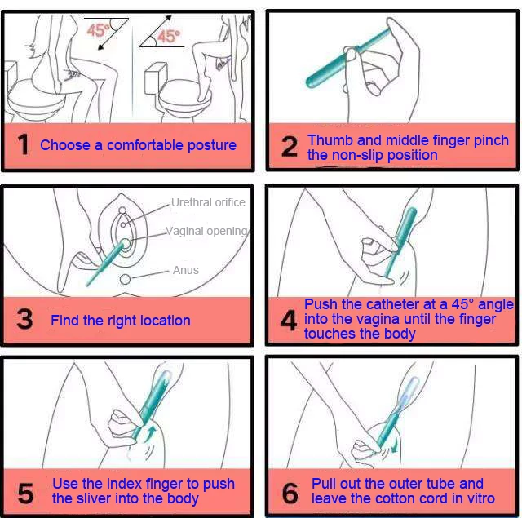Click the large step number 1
(x=24, y=144)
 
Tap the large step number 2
(x=290, y=146)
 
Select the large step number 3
(x=24, y=319)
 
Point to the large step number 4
(x=288, y=321)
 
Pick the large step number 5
(x=25, y=493)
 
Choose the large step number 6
(x=290, y=493)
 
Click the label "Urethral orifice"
(x=208, y=202)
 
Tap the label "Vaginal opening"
(x=206, y=231)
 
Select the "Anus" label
(x=186, y=270)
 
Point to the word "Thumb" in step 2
(x=330, y=140)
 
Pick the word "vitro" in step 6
(x=480, y=498)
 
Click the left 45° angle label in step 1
(x=98, y=30)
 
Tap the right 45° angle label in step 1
(x=169, y=36)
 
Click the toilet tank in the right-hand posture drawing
(x=156, y=78)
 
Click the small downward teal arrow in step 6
(x=395, y=446)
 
